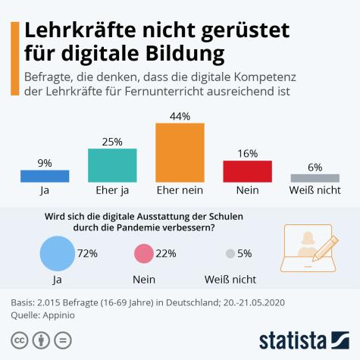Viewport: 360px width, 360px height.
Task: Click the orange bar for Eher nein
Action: [180, 152]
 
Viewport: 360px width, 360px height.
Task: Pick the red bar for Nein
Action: [247, 171]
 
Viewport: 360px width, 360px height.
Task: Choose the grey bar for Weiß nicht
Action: [315, 178]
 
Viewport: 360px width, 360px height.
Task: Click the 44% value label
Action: [180, 115]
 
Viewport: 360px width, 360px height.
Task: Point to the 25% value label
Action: [112, 141]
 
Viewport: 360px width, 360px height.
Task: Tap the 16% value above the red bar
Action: [247, 153]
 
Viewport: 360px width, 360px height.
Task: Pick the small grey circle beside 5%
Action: [230, 254]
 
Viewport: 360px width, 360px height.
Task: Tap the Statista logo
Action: [303, 339]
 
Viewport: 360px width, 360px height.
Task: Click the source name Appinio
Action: [68, 315]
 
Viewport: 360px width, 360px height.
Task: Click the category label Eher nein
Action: [180, 191]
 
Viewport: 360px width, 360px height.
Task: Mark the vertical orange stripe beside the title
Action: [14, 58]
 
